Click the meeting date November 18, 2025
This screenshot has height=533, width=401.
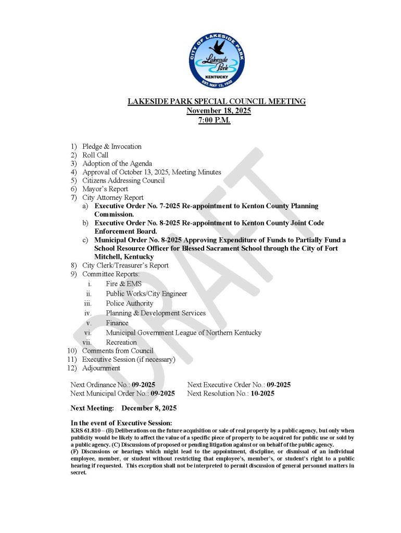pyautogui.click(x=216, y=111)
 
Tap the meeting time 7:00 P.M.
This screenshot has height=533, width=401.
pyautogui.click(x=216, y=120)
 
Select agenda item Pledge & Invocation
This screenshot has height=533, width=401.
pyautogui.click(x=111, y=147)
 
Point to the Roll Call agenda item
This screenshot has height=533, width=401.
pyautogui.click(x=95, y=155)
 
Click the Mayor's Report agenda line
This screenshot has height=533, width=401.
pyautogui.click(x=105, y=189)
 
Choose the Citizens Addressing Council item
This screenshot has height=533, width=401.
pyautogui.click(x=123, y=181)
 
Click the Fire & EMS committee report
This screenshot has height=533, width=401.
pyautogui.click(x=123, y=284)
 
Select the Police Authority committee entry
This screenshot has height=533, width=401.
pyautogui.click(x=129, y=303)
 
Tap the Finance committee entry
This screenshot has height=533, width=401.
pyautogui.click(x=117, y=323)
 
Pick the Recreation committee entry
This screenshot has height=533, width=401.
pyautogui.click(x=121, y=342)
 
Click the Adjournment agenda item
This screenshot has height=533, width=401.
pyautogui.click(x=101, y=368)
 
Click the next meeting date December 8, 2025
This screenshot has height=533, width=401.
pyautogui.click(x=149, y=408)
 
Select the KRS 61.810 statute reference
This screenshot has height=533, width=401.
pyautogui.click(x=85, y=432)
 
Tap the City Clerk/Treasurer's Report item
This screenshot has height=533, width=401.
pyautogui.click(x=125, y=265)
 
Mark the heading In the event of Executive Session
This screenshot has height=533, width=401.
pyautogui.click(x=121, y=423)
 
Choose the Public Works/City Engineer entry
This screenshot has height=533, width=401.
pyautogui.click(x=146, y=294)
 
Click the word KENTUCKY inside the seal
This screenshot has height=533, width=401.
pyautogui.click(x=216, y=77)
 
